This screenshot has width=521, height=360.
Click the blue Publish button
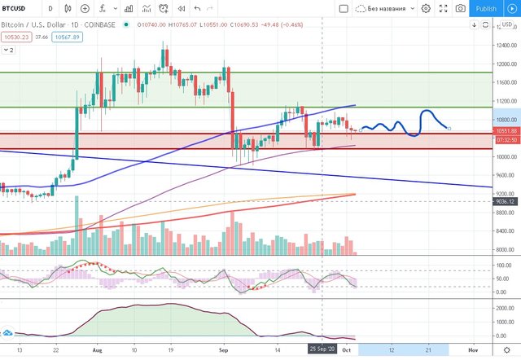click(x=485, y=8)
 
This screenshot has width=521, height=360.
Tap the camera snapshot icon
click(x=461, y=8)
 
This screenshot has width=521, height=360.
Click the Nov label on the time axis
click(x=472, y=348)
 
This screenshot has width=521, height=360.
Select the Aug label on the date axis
click(x=97, y=348)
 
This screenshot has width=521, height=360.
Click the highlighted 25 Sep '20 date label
click(x=322, y=348)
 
